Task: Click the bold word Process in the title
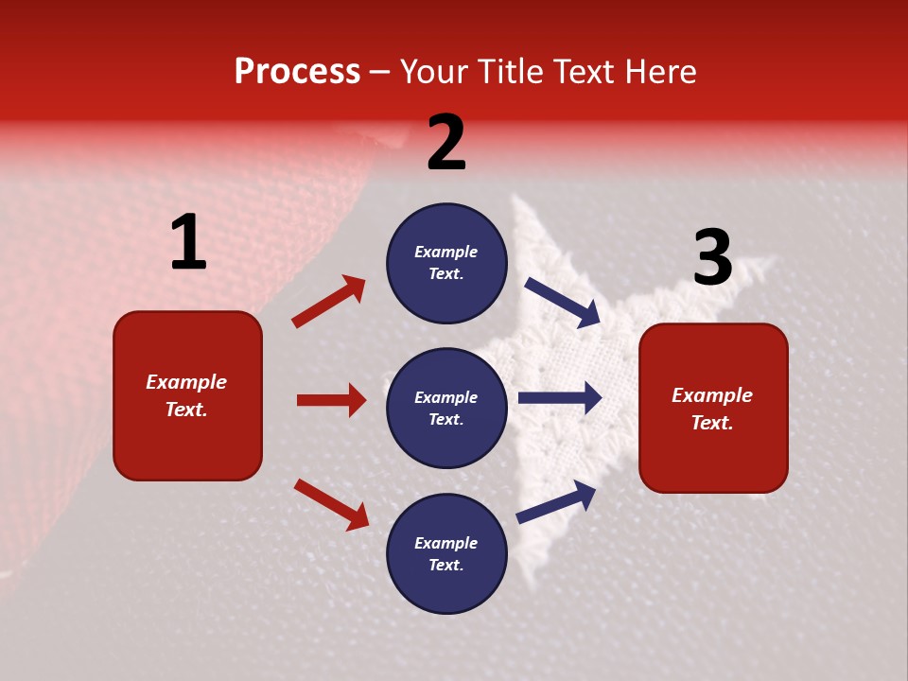(297, 72)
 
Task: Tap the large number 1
(188, 243)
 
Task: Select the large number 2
(446, 144)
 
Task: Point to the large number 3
(712, 258)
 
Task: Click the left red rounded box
(187, 395)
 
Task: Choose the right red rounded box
(713, 408)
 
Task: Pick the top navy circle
(446, 263)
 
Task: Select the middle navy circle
(446, 408)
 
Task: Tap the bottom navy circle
(446, 553)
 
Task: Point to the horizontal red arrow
(331, 400)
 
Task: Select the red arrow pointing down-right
(331, 504)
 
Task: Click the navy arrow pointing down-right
(562, 303)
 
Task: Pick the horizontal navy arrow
(560, 397)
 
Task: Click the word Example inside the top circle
(446, 252)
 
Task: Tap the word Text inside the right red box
(712, 423)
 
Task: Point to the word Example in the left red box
(186, 382)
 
